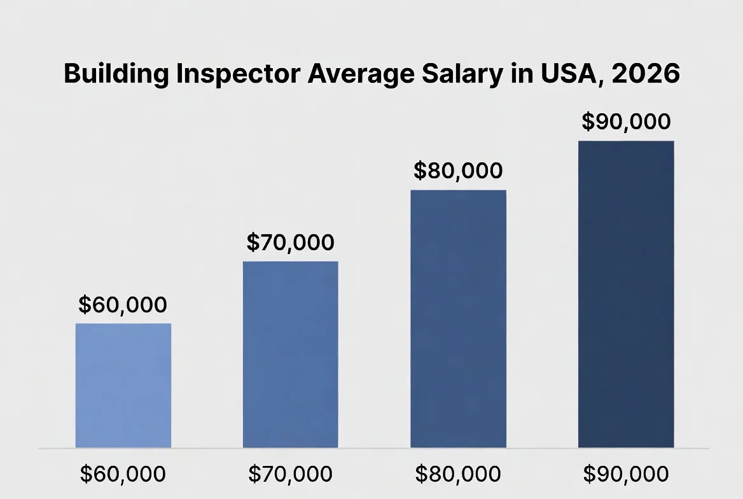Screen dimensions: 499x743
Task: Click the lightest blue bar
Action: click(123, 386)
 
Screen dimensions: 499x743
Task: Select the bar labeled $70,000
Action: click(291, 355)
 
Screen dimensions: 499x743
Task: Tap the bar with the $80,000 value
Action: click(458, 319)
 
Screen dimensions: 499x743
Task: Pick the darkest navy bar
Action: click(626, 294)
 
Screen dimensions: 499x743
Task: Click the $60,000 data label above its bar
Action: click(123, 305)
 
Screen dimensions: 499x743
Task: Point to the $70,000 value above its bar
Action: click(290, 242)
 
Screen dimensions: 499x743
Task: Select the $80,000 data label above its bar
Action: click(458, 171)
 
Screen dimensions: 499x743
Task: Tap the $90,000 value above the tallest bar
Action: click(626, 122)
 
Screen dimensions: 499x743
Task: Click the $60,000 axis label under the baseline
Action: click(123, 474)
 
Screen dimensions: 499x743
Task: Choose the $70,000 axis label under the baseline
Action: click(290, 474)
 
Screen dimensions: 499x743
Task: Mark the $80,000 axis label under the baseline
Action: click(458, 474)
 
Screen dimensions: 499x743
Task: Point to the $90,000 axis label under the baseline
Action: click(626, 474)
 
